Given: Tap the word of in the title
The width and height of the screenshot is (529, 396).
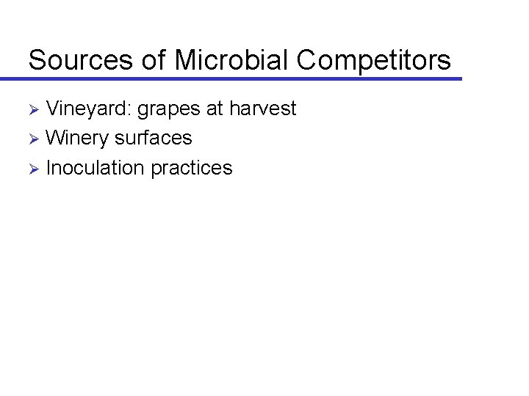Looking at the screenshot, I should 153,60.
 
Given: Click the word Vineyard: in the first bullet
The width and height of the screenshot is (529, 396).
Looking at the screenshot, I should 88,109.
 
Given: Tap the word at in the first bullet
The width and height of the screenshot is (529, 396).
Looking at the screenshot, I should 215,109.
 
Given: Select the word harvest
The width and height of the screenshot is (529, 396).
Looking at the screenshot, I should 262,109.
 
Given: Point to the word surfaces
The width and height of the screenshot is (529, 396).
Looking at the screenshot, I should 154,138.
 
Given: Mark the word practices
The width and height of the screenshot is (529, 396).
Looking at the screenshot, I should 192,169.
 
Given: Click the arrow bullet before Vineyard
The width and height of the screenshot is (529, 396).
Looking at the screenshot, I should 33,110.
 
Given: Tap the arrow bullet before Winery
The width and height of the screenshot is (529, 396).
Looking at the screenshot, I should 33,139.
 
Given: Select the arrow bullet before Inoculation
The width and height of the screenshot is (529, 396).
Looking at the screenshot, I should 33,169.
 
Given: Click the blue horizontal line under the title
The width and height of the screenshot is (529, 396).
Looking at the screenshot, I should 242,78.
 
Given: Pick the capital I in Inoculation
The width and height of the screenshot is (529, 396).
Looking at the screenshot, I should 48,168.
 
